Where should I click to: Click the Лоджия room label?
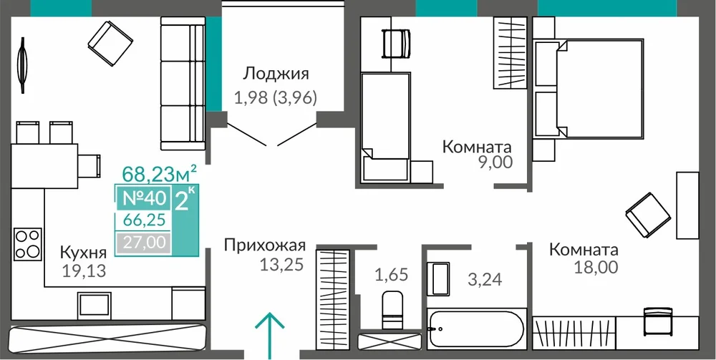click(x=276, y=74)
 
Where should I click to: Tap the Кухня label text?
click(x=84, y=252)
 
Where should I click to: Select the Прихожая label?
click(x=264, y=245)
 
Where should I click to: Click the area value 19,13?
click(x=84, y=271)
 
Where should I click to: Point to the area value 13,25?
click(x=281, y=264)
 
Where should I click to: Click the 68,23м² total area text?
click(x=160, y=173)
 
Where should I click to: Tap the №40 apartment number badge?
click(x=144, y=198)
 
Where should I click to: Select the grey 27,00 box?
click(x=144, y=242)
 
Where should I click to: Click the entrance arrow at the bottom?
click(x=269, y=336)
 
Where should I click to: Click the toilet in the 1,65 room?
click(x=392, y=310)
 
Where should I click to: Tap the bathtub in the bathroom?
click(x=476, y=329)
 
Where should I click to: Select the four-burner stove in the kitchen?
click(x=28, y=244)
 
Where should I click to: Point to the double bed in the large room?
click(x=599, y=88)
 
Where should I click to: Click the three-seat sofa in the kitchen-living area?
click(x=183, y=84)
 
